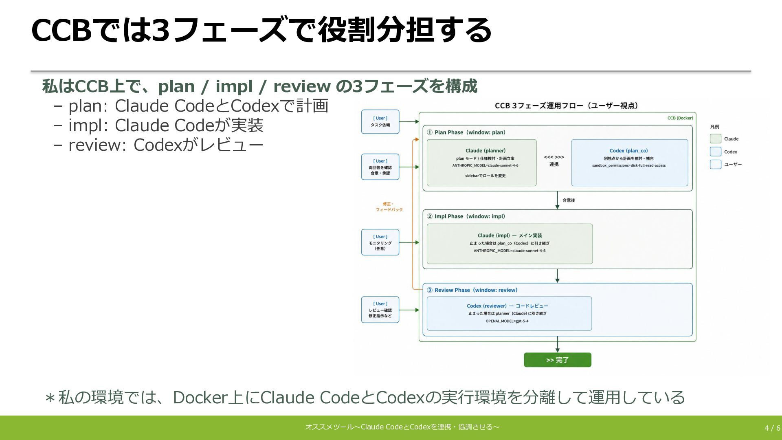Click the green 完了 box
tap(557, 360)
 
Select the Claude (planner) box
tap(481, 163)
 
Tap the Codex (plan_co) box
tap(629, 163)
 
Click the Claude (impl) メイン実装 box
tap(510, 244)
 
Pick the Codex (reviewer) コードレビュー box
tap(509, 313)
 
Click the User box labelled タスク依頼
tap(380, 122)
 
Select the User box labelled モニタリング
tap(380, 242)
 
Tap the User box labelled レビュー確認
tap(380, 310)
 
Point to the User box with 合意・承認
tap(380, 167)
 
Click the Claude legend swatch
tap(716, 139)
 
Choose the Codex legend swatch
tap(716, 152)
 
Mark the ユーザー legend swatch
tap(716, 164)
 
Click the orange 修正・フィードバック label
tap(389, 207)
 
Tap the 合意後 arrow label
tap(569, 200)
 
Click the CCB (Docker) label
tap(680, 118)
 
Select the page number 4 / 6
tap(772, 428)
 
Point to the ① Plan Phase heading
tap(466, 132)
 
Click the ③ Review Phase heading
tap(472, 290)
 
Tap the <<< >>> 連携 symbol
tap(554, 161)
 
